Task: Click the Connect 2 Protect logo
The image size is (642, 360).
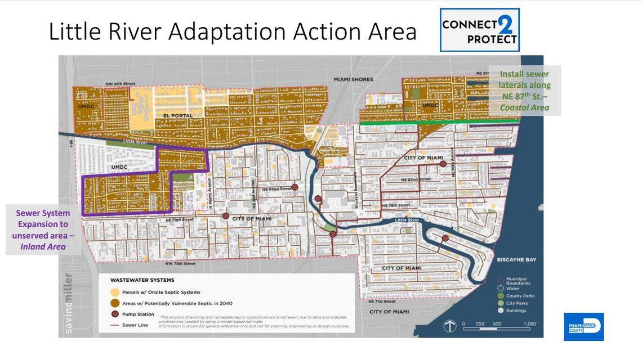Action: [479, 30]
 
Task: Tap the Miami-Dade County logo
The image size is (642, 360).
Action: [583, 327]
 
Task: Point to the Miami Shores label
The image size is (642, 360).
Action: [353, 79]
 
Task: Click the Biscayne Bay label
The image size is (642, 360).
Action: [516, 260]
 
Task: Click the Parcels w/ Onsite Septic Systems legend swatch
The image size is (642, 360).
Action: [114, 292]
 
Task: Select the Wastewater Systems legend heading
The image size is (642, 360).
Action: [142, 280]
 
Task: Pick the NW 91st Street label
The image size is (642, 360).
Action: [120, 84]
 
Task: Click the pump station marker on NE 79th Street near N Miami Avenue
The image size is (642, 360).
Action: [226, 215]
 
